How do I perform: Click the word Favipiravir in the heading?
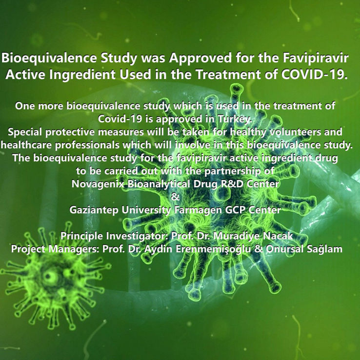tap(316, 59)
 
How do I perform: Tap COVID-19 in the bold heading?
tap(314, 74)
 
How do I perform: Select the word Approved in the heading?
tap(200, 59)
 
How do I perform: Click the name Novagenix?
tap(98, 184)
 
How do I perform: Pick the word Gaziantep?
tap(94, 210)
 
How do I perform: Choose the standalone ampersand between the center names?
tap(176, 197)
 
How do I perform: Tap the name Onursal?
tap(284, 249)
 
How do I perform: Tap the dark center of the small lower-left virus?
tap(49, 276)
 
